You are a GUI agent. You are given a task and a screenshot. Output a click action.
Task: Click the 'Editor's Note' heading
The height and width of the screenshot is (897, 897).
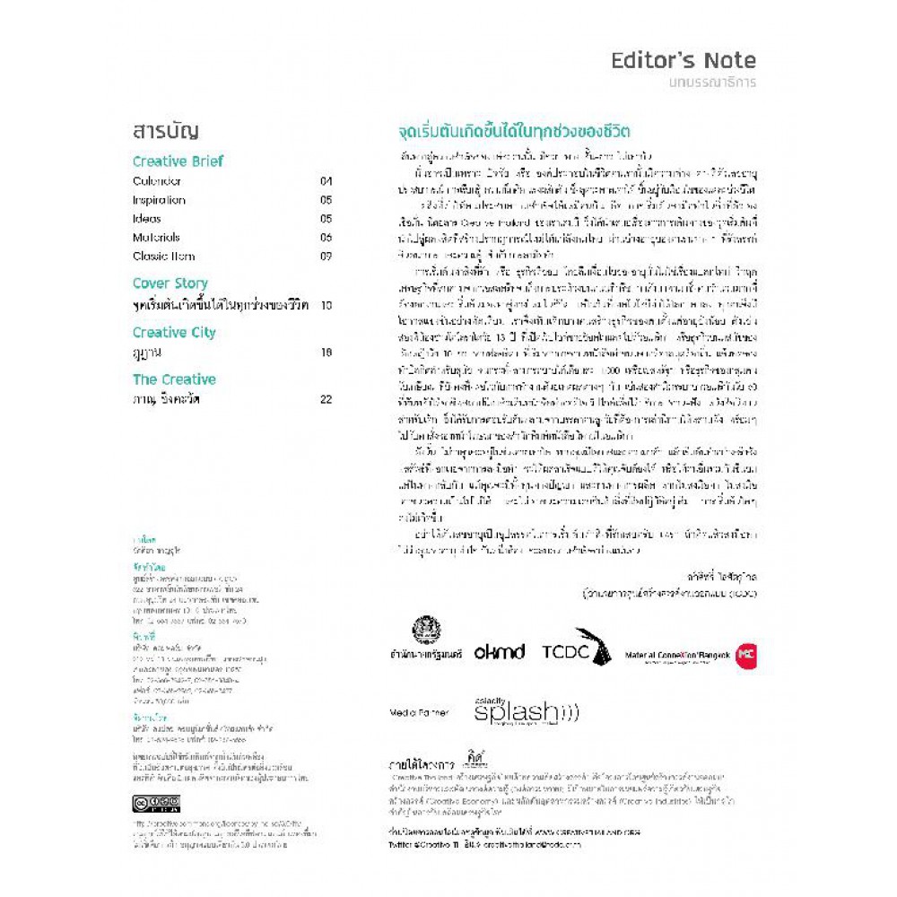coord(684,61)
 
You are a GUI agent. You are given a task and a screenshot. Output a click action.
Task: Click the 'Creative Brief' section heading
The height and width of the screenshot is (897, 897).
coord(178,161)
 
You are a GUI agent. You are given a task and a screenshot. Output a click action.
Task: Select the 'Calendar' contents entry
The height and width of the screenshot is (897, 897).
coord(157,181)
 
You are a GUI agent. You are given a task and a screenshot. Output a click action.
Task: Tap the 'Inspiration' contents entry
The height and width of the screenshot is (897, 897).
coord(159,200)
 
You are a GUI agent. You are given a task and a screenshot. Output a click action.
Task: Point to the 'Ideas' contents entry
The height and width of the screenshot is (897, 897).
coord(147,219)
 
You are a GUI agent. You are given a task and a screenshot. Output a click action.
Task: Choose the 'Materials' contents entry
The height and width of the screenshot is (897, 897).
coord(156,238)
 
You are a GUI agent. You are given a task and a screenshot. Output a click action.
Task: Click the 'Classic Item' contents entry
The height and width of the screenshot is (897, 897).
coord(162,257)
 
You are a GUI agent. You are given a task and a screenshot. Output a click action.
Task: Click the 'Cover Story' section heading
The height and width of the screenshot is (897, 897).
coord(170,283)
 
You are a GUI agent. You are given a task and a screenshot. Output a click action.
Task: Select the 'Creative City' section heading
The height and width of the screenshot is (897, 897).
coord(174,332)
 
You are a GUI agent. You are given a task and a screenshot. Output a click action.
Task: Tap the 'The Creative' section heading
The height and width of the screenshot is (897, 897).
coord(174,379)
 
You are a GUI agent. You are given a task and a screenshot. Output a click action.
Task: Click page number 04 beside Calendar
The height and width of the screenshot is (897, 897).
coord(326,181)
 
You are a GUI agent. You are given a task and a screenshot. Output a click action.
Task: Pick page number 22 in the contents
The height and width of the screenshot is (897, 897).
coord(326,399)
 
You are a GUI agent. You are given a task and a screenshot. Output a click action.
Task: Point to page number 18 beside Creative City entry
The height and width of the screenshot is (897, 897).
coord(326,353)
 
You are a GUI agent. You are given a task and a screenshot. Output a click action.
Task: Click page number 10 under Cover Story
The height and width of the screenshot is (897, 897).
coord(326,305)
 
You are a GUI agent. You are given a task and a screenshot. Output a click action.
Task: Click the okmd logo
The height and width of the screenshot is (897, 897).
coord(499,653)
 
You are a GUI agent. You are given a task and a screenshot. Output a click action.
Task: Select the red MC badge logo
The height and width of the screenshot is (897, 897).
coord(745,654)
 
